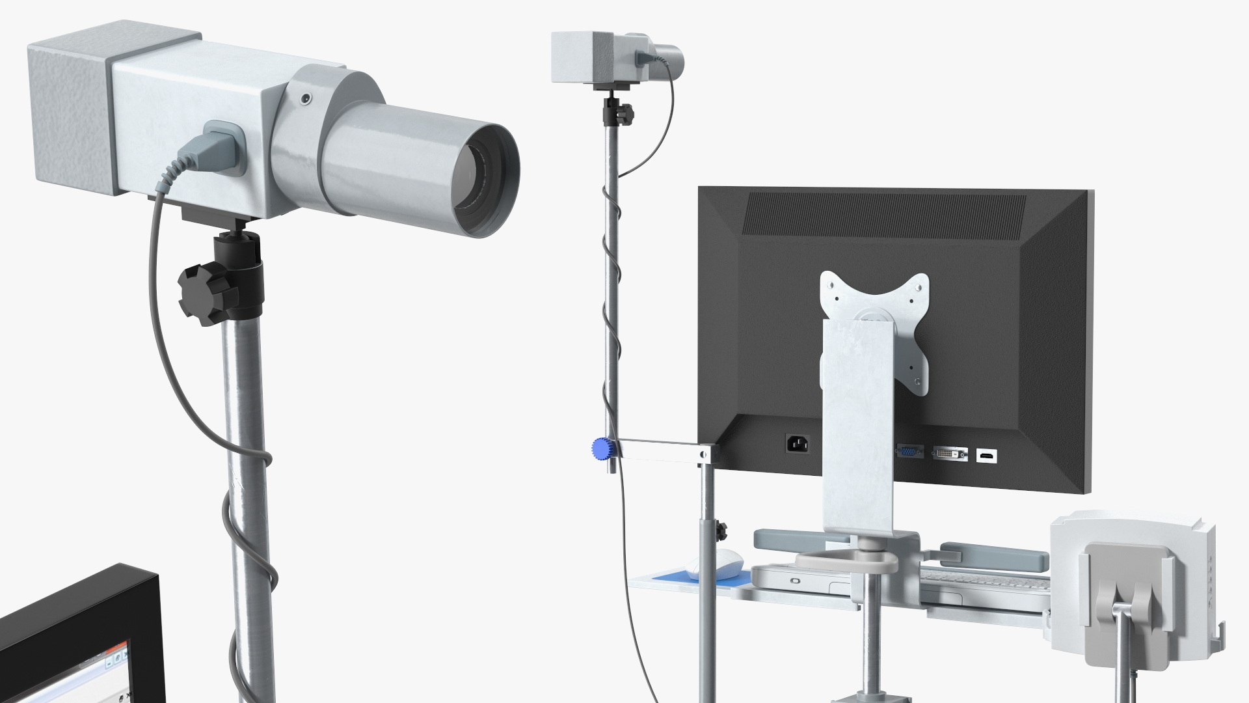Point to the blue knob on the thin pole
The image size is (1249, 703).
600,448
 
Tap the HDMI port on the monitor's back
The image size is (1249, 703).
986,456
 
